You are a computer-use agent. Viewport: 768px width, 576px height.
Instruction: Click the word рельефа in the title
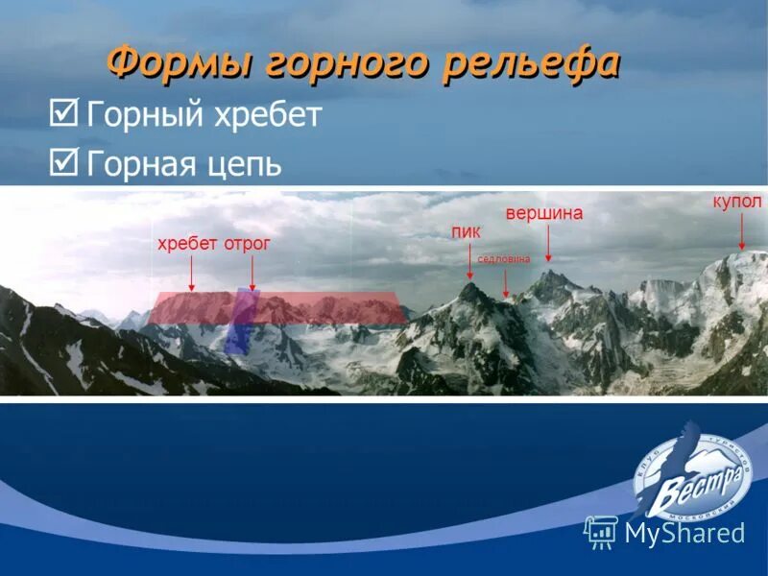click(531, 64)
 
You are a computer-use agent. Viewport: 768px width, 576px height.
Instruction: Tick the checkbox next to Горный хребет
click(63, 116)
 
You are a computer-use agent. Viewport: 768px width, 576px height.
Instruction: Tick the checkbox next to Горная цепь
click(63, 161)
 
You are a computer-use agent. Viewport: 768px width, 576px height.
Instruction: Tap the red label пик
click(466, 231)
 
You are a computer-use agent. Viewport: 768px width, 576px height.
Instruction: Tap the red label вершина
click(544, 213)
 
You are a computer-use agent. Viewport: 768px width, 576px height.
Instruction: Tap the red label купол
click(737, 202)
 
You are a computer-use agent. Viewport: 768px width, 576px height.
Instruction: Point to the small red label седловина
click(503, 258)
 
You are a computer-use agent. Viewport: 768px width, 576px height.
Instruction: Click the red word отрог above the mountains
click(248, 245)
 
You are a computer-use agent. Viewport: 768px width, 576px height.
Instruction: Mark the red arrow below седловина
click(506, 281)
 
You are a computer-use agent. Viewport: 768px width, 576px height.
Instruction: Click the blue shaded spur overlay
click(240, 322)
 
